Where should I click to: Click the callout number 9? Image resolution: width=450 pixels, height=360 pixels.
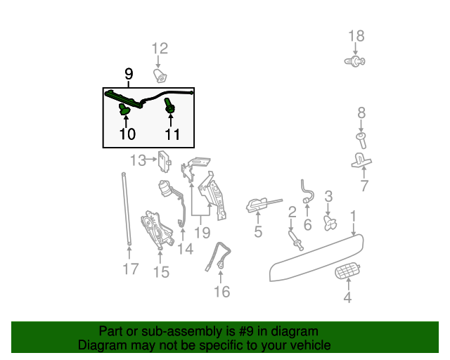(129, 74)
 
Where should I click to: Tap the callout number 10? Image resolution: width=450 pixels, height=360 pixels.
(127, 134)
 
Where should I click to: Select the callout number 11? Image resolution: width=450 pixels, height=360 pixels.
(172, 134)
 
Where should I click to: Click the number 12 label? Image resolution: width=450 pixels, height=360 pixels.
(160, 49)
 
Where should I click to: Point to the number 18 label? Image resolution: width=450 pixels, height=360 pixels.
(356, 36)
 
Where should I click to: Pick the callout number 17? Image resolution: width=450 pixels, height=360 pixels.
(131, 268)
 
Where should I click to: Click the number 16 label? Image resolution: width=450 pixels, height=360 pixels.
(221, 291)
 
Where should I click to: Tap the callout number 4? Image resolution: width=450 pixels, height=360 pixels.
(347, 298)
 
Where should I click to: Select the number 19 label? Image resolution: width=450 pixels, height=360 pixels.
(202, 233)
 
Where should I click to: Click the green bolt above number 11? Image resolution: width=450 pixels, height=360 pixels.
(169, 105)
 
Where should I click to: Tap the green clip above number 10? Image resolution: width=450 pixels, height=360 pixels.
(125, 108)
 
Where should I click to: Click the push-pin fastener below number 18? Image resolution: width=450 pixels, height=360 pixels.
(356, 63)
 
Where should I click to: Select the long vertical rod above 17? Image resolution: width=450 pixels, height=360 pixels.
(127, 208)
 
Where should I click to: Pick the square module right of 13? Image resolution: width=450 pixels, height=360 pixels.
(166, 160)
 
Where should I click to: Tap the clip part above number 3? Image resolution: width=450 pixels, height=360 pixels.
(328, 223)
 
